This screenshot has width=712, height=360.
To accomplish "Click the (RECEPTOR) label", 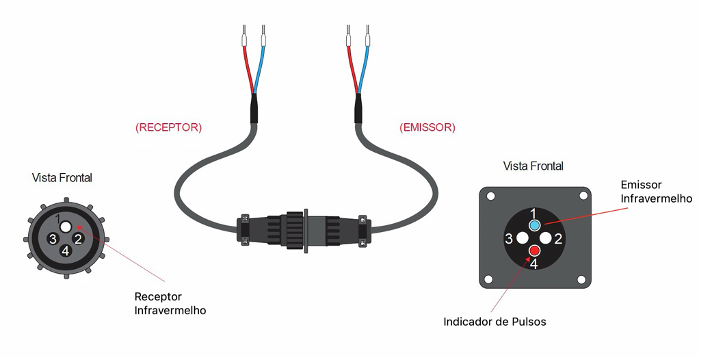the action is [168, 127].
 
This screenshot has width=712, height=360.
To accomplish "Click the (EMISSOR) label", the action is [427, 127].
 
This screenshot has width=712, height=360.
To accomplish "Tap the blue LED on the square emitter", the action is [535, 225].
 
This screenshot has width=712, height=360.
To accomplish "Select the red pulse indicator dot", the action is [534, 250].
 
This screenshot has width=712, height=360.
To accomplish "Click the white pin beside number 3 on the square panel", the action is [522, 237].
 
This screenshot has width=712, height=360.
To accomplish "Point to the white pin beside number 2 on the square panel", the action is [546, 237].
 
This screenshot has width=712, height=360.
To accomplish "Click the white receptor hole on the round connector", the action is [66, 226].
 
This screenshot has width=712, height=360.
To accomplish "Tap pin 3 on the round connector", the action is [53, 238].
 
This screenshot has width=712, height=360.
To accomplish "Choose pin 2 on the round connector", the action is [78, 238].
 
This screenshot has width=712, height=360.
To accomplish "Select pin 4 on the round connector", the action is [66, 250].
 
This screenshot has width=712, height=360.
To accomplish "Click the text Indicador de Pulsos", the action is [495, 322].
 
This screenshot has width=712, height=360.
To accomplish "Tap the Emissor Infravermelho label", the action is [656, 192].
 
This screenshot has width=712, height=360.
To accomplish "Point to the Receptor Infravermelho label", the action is [170, 304].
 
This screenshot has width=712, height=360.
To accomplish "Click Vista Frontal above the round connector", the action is [62, 178].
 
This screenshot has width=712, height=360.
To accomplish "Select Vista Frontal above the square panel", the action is [533, 166].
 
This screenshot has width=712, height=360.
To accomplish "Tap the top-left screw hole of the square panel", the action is [490, 197].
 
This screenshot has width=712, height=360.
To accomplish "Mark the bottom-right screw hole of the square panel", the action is [582, 279].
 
